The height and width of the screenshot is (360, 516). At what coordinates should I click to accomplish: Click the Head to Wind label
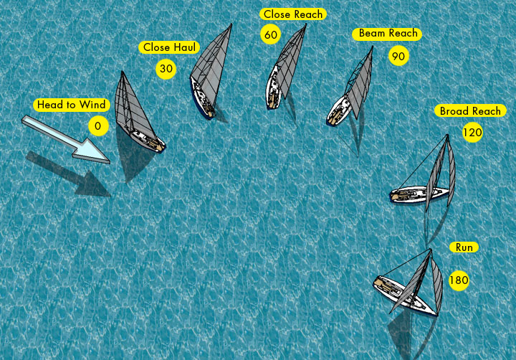click(x=72, y=105)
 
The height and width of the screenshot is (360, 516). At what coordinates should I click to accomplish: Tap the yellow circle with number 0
click(x=98, y=126)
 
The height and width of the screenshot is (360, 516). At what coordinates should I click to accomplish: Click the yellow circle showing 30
click(x=166, y=69)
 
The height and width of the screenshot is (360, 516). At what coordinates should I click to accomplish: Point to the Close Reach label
click(x=292, y=14)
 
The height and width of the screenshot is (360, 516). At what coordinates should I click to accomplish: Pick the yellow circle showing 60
click(x=270, y=34)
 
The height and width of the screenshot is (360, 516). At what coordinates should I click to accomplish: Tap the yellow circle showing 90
click(x=398, y=55)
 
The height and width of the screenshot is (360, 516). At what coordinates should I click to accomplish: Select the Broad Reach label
click(x=470, y=111)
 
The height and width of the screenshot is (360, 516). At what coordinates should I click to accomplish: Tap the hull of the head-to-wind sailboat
click(x=147, y=141)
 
